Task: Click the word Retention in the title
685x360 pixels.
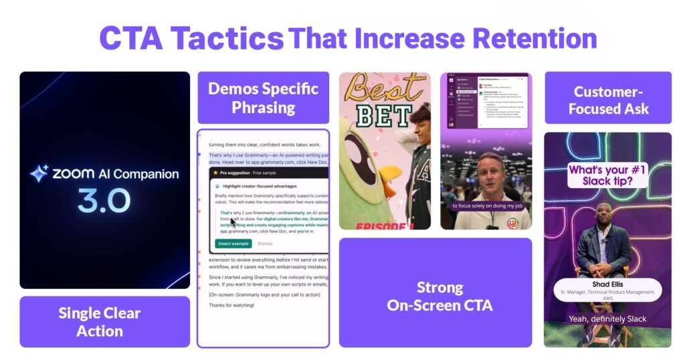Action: coord(528,38)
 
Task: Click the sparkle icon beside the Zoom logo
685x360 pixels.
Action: coord(39,174)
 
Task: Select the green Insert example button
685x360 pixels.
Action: coord(233,244)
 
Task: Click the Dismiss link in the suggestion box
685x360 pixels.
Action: coord(265,244)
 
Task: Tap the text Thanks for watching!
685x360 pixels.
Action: coord(231,305)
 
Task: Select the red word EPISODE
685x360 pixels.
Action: coord(373,226)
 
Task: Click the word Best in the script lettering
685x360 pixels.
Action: coord(384,88)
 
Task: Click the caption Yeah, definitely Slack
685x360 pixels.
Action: coord(607,319)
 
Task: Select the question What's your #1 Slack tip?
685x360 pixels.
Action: coord(607,175)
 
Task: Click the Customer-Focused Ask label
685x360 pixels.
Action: coord(607,99)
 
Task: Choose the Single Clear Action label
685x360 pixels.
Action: coord(100,322)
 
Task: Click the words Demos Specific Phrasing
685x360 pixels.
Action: coord(263,97)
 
